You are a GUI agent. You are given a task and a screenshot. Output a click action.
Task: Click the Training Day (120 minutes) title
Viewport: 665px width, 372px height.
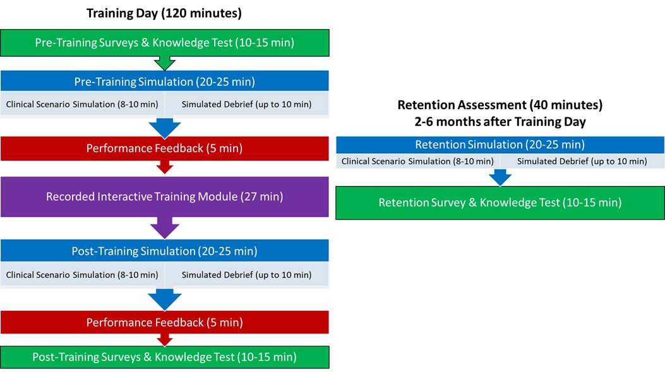click(x=164, y=13)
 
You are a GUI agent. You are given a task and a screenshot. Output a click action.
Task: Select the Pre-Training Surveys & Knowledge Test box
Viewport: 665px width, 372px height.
click(x=165, y=43)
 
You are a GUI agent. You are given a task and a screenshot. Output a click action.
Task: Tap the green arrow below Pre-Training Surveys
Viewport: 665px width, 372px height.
click(x=165, y=63)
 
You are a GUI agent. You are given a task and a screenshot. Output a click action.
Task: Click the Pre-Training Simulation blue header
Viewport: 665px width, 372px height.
click(x=165, y=81)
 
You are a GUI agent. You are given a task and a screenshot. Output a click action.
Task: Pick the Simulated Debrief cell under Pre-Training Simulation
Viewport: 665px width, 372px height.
click(x=247, y=104)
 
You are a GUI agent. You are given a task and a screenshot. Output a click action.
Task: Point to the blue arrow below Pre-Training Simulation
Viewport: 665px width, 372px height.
click(x=165, y=128)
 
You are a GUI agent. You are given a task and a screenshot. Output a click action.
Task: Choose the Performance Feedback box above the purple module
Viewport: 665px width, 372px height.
click(x=165, y=149)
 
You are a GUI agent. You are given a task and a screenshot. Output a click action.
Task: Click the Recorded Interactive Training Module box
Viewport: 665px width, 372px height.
click(x=165, y=197)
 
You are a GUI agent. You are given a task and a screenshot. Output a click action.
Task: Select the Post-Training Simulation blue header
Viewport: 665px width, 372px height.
click(x=165, y=250)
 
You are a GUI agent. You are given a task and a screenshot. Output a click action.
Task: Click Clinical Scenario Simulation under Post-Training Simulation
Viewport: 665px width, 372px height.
click(x=82, y=275)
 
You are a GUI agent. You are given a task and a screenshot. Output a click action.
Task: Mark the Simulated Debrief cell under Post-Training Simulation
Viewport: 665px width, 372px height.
click(x=247, y=275)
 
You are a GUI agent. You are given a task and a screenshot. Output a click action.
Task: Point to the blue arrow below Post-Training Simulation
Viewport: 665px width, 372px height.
click(x=165, y=299)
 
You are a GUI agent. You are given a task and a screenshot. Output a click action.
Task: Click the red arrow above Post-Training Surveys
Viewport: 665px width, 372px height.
click(x=165, y=340)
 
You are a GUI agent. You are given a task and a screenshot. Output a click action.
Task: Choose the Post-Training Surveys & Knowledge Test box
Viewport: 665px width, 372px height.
click(x=165, y=357)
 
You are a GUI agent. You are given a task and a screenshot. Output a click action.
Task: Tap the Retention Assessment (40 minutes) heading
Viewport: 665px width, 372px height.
click(x=500, y=105)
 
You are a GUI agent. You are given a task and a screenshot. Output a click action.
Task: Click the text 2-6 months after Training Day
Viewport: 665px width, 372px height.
click(x=500, y=122)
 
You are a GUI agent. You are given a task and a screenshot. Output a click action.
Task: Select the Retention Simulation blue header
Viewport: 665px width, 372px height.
click(x=500, y=145)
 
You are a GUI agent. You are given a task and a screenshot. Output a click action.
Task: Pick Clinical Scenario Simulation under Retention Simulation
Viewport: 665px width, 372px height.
click(x=417, y=161)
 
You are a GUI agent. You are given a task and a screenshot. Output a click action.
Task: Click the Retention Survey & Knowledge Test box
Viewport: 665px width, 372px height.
click(x=500, y=203)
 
